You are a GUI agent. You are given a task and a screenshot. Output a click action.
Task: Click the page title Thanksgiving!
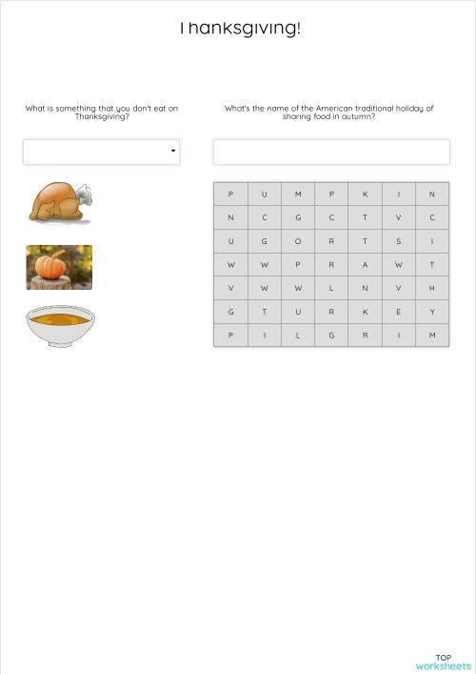click(x=239, y=29)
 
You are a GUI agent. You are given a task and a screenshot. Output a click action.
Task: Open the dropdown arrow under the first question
click(x=172, y=151)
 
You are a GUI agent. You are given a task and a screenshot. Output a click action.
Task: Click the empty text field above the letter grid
click(x=330, y=152)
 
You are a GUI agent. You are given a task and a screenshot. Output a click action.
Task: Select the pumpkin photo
click(x=59, y=267)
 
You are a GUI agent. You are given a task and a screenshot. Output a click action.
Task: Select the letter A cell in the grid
click(x=365, y=265)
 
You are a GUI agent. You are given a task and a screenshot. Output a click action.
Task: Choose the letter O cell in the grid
click(x=298, y=242)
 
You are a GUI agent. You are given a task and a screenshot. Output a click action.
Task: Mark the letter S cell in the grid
click(x=398, y=242)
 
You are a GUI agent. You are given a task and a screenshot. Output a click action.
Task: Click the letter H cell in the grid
click(x=431, y=288)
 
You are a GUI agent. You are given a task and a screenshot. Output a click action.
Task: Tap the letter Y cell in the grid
click(x=431, y=312)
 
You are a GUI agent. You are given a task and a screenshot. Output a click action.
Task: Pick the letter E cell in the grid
click(x=398, y=312)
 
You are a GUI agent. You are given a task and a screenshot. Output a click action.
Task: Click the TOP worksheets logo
click(x=443, y=662)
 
